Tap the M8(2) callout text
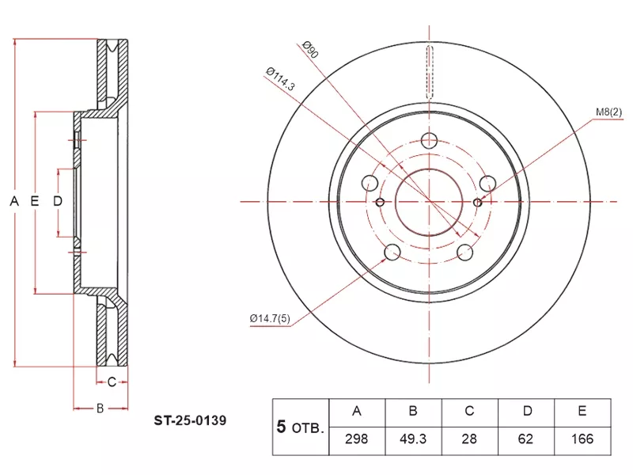click(610, 112)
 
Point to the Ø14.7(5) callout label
click(271, 318)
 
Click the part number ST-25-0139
click(190, 421)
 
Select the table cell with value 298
click(356, 439)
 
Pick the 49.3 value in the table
click(412, 439)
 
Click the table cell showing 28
click(468, 439)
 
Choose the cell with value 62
click(525, 439)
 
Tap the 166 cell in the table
click(582, 439)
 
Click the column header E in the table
click(582, 411)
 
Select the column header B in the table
click(412, 411)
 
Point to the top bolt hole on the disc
click(430, 142)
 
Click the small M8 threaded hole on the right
click(478, 203)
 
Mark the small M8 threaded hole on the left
click(381, 203)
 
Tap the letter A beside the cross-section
click(13, 202)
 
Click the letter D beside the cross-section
click(57, 202)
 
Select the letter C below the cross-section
click(112, 383)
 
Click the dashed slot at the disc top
click(430, 71)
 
